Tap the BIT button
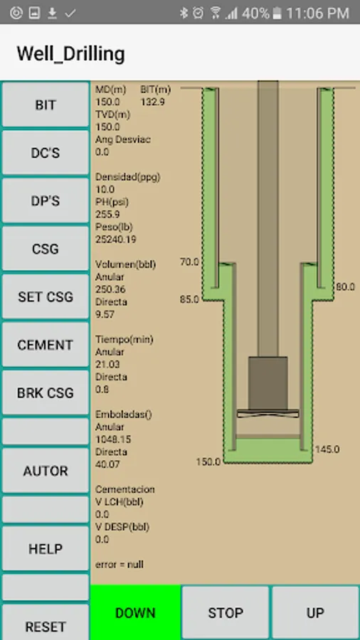click(x=46, y=105)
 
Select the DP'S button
click(x=46, y=201)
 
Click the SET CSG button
click(x=46, y=297)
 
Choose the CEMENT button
click(x=46, y=345)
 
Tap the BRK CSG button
click(x=46, y=393)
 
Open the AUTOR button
click(x=46, y=471)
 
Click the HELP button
click(x=46, y=548)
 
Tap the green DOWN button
click(x=135, y=613)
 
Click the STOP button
click(x=226, y=613)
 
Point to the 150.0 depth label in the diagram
click(x=208, y=462)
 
